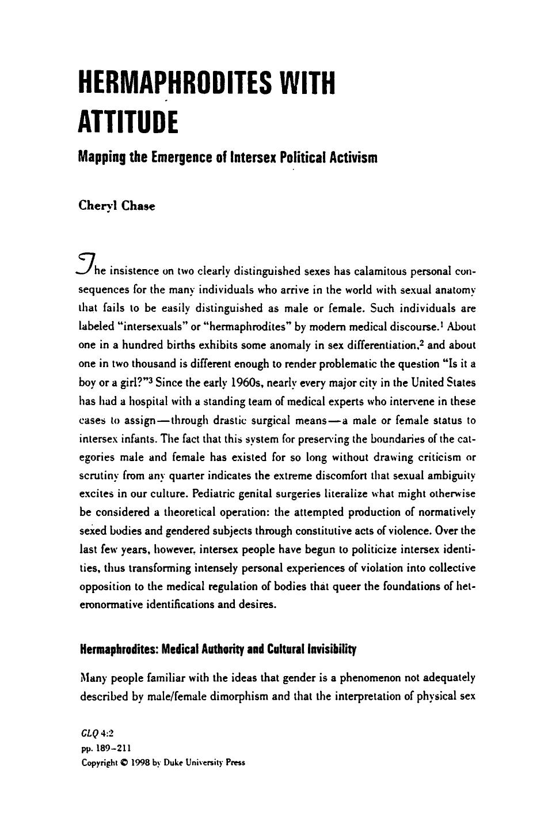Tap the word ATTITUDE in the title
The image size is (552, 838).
[x=127, y=122]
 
